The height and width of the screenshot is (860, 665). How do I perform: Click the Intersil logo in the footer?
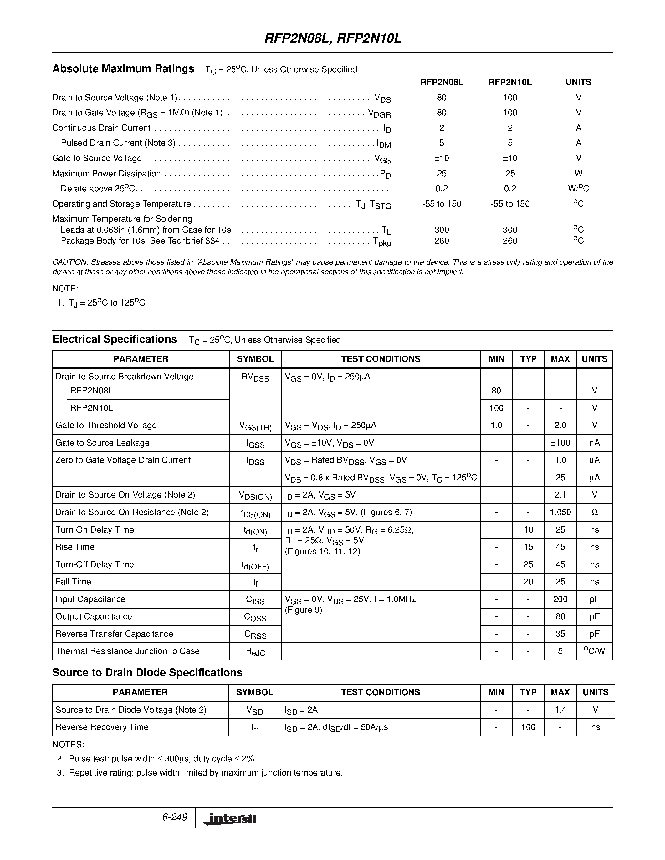point(230,819)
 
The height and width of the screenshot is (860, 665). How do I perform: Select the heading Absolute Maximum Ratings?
point(123,69)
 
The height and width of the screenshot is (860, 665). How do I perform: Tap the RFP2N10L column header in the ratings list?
point(510,82)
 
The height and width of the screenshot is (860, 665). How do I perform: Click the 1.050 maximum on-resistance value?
point(560,512)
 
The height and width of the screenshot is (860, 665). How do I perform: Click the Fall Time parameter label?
point(73,582)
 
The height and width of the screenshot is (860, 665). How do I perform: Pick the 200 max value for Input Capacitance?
point(560,599)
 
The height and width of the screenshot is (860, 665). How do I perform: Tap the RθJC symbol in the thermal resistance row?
point(255,652)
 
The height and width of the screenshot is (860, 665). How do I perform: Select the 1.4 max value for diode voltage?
point(560,710)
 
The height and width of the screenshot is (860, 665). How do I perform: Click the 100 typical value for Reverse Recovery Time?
point(528,727)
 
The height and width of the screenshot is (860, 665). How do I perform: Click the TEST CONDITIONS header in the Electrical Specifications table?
point(380,359)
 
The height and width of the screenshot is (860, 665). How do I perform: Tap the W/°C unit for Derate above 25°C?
point(578,189)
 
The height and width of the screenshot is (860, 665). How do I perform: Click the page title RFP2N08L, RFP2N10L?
point(332,38)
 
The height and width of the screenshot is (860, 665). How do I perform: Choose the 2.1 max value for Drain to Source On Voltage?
point(560,495)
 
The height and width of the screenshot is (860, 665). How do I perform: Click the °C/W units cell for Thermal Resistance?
point(594,651)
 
